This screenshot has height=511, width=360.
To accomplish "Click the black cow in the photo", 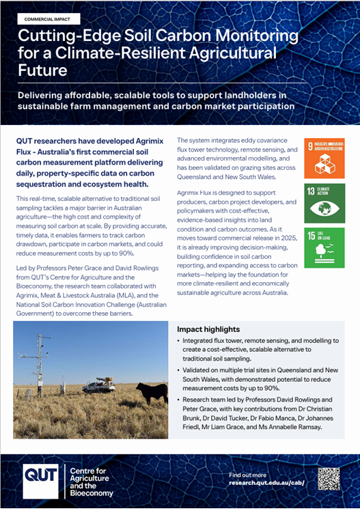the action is coord(151,391).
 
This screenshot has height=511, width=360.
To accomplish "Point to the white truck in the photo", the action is coord(98,385).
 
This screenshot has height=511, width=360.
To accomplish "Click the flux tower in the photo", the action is coord(40,362).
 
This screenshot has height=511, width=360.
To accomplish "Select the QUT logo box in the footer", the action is coord(41,480).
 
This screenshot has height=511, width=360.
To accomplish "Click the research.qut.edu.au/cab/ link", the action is coord(267,483).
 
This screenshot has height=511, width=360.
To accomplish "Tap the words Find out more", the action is coord(248,474).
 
